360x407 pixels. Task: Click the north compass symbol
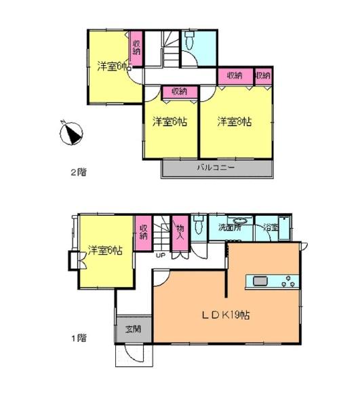point(71,134)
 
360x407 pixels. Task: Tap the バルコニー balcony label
point(216,168)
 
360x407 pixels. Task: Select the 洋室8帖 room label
point(235,121)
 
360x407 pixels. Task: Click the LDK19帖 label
point(226,315)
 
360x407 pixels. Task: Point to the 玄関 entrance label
point(133,330)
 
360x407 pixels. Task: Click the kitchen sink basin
point(260,281)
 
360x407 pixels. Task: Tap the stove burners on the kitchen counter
point(288,282)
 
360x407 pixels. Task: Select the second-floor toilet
point(190,40)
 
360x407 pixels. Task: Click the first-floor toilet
point(199,225)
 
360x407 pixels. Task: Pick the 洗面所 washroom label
point(230,227)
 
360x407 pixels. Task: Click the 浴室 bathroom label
point(271,228)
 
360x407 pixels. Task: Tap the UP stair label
point(160,256)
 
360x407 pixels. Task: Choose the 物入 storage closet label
point(180,232)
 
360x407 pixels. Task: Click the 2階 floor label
point(79,172)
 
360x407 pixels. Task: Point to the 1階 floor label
point(79,338)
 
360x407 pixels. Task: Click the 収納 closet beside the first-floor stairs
point(143,233)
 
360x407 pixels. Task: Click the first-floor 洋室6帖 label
point(105,250)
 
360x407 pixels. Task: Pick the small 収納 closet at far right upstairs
point(263,76)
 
